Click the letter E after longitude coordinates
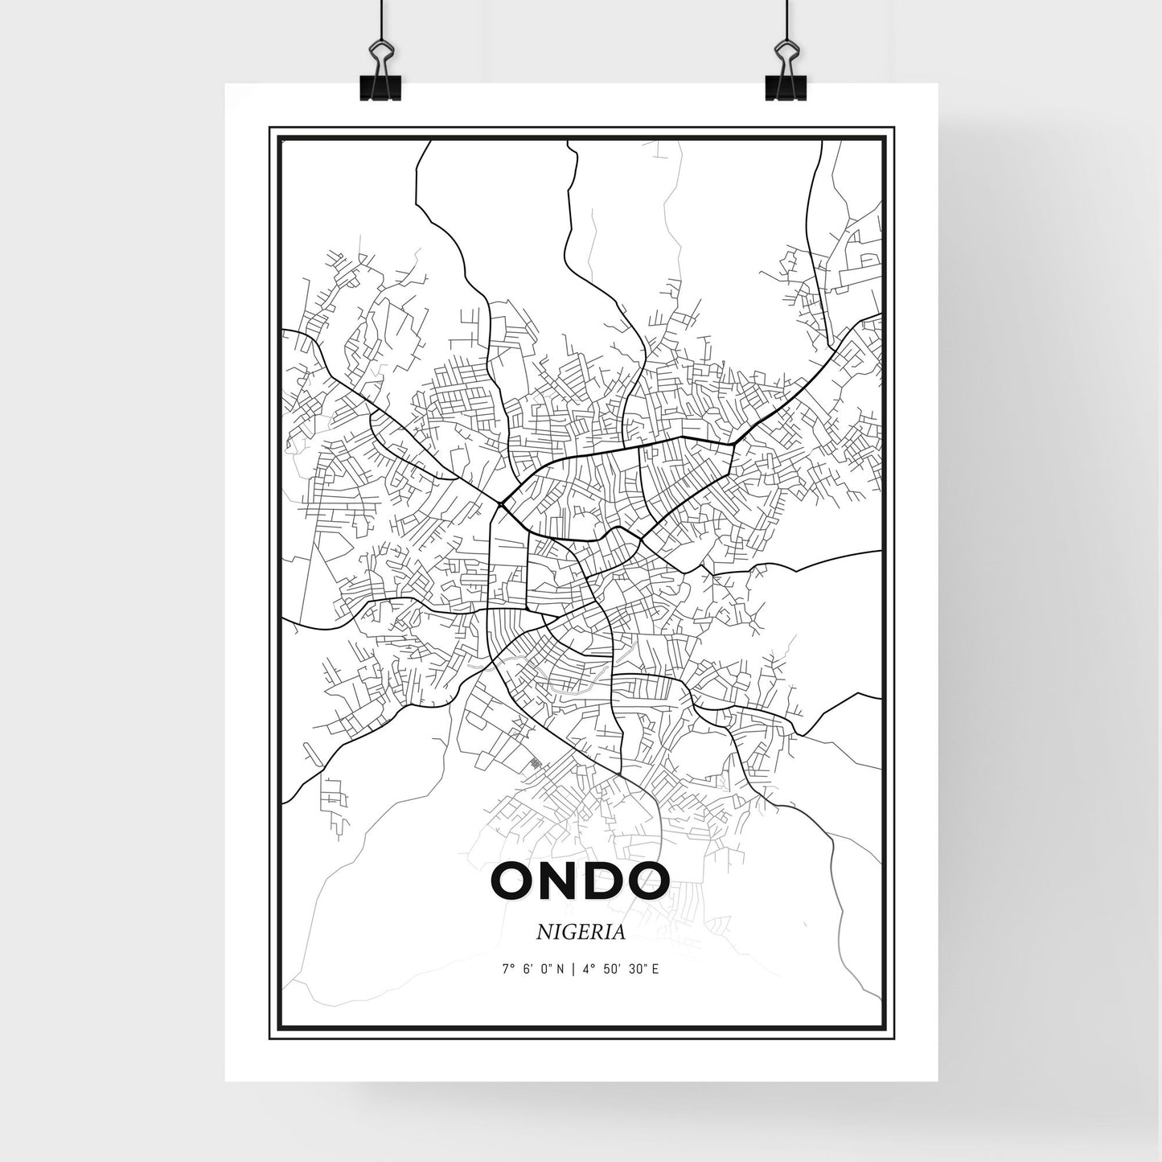tap(656, 970)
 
